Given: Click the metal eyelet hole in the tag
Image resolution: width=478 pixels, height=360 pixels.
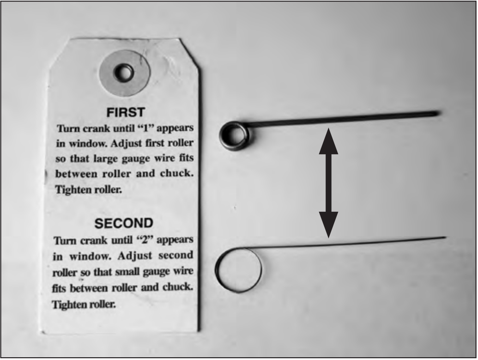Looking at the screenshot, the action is click(123, 73).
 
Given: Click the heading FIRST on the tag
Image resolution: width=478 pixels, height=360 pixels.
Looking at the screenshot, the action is click(125, 113).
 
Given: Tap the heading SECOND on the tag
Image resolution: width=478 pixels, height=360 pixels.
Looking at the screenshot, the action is click(124, 223).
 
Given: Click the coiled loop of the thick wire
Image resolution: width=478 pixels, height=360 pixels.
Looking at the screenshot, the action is click(234, 135).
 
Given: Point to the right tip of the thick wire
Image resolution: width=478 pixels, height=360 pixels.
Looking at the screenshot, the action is click(440, 114).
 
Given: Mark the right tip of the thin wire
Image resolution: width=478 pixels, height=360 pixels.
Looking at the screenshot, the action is click(446, 237).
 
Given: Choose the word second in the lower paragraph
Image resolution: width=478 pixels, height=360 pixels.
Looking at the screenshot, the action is click(176, 255).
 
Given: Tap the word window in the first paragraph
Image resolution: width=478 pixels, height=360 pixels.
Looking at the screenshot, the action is click(88, 143).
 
